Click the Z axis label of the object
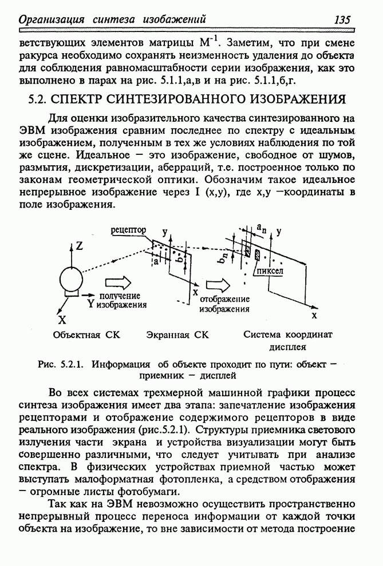click(x=80, y=246)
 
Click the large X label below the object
click(x=62, y=320)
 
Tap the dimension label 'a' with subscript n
click(x=260, y=228)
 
